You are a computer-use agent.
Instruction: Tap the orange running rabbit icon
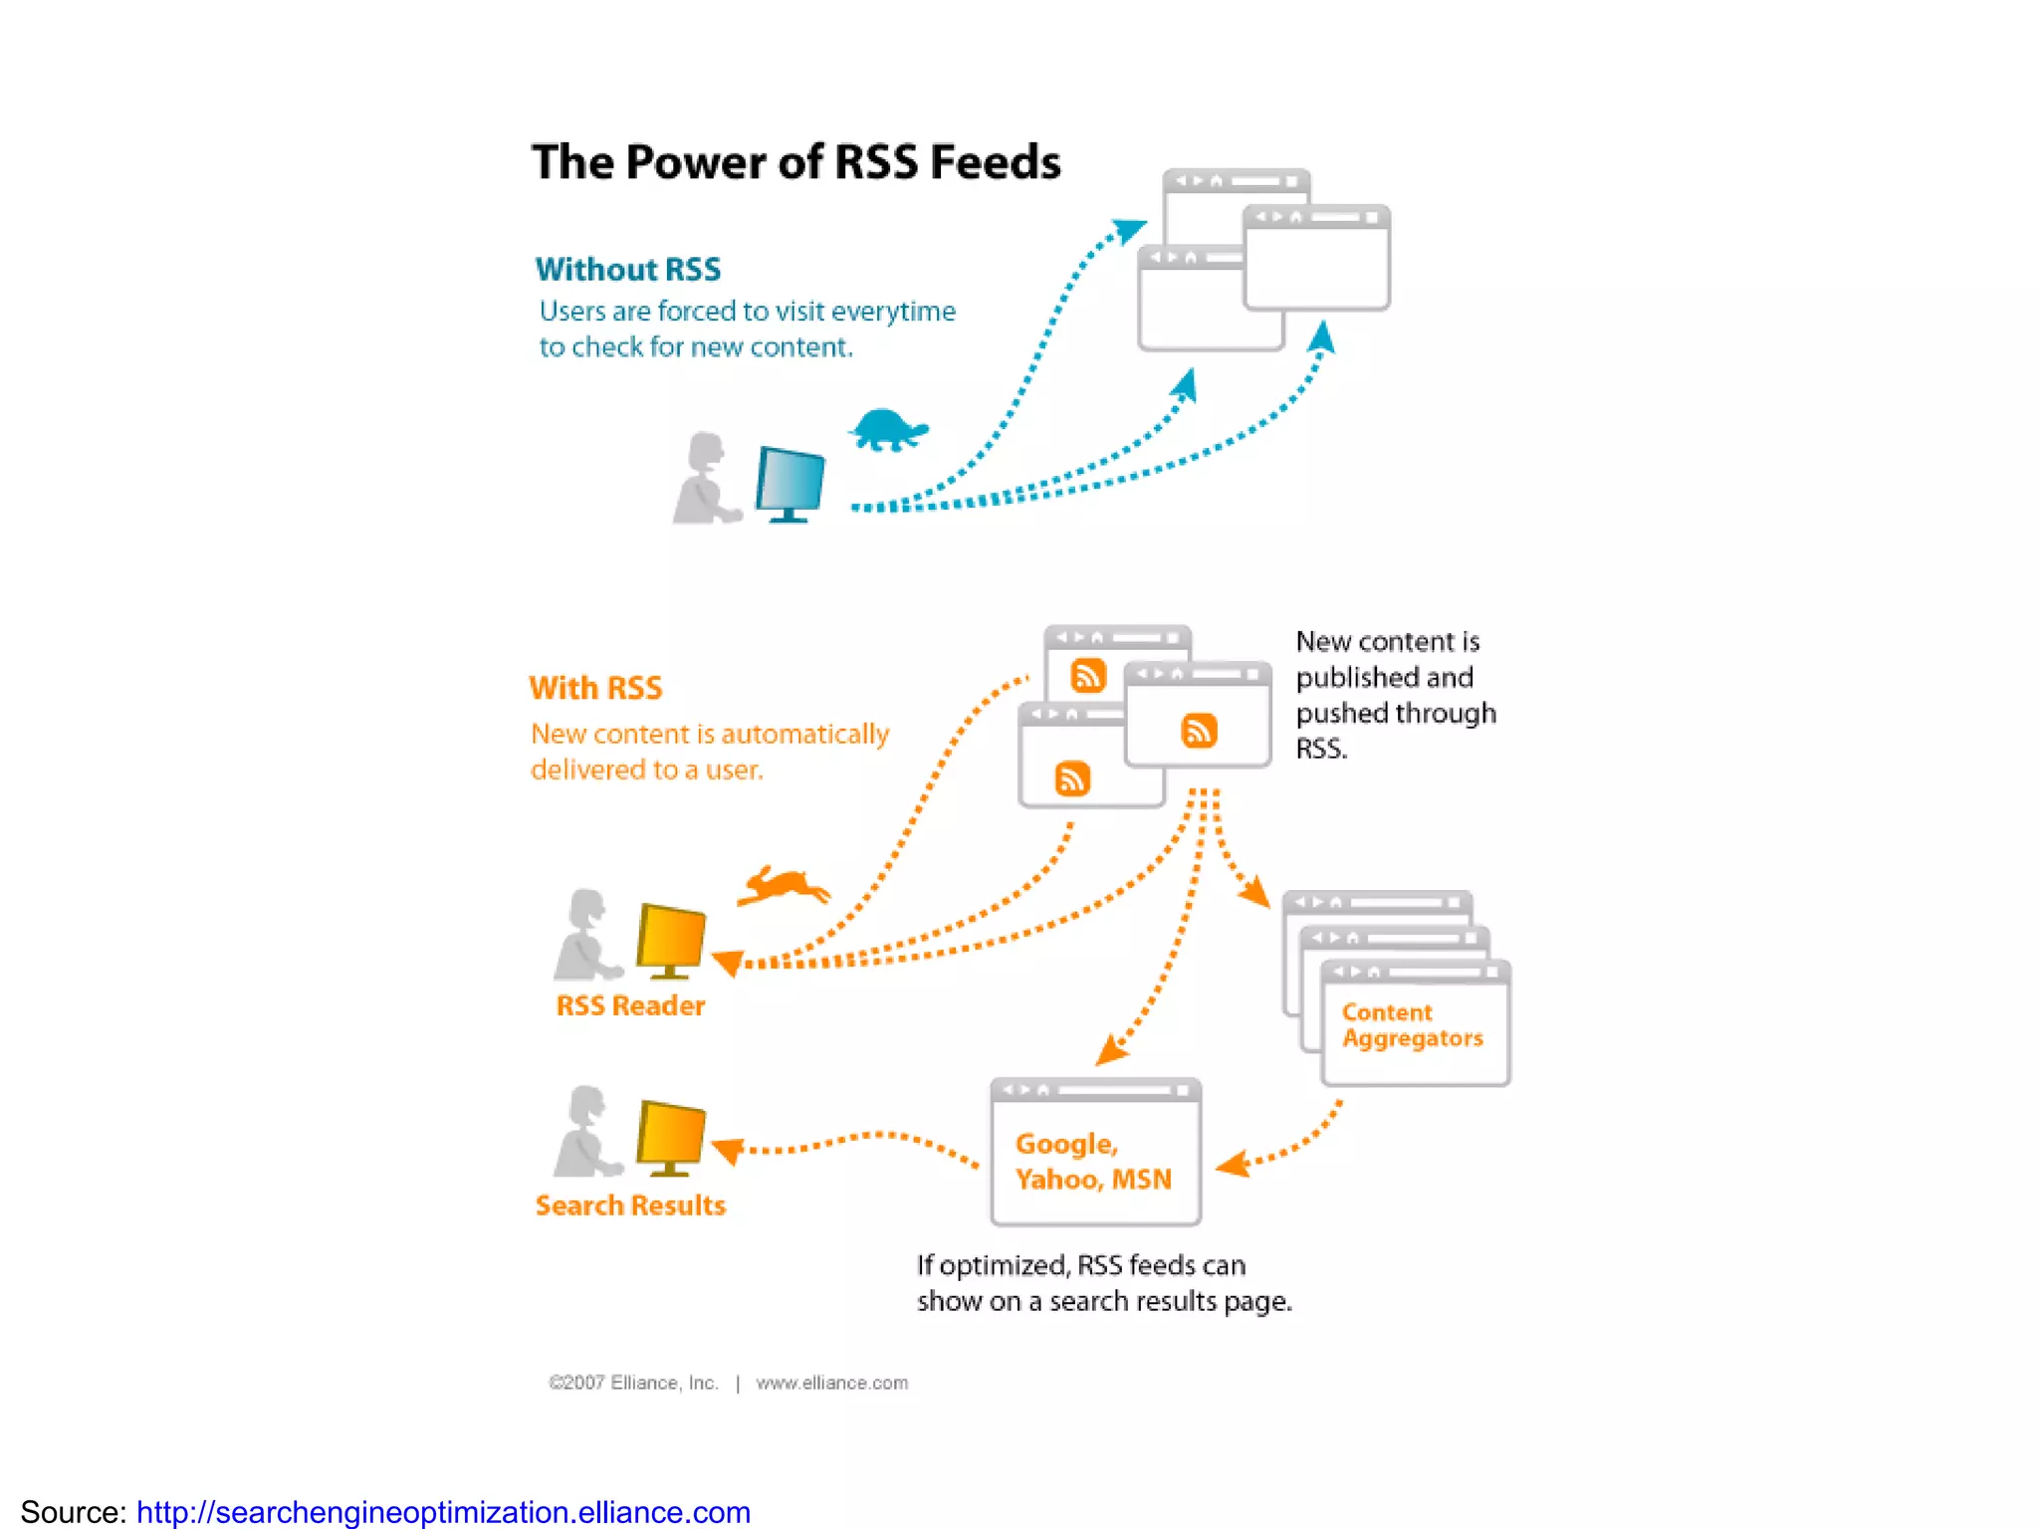coord(784,885)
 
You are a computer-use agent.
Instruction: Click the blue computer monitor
coord(790,482)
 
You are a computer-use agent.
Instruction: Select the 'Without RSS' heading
coord(627,269)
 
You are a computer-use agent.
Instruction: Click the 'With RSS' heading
coord(595,688)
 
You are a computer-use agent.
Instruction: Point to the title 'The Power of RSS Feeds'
coord(795,162)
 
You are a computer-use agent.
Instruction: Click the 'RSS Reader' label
coord(630,1005)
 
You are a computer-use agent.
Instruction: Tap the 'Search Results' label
coord(630,1205)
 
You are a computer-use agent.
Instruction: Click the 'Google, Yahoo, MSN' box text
coord(1092,1162)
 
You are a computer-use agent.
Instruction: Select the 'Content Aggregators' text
coord(1411,1025)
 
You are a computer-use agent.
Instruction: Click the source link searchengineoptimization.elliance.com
coord(443,1511)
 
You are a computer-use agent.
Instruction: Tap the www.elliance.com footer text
coord(831,1383)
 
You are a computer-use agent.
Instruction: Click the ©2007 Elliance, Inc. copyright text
coord(633,1383)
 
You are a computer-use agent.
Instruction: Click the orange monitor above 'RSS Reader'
coord(670,938)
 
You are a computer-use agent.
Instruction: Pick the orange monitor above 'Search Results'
coord(670,1135)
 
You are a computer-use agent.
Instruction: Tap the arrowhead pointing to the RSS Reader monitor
coord(728,963)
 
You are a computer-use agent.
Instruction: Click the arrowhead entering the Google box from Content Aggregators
coord(1232,1164)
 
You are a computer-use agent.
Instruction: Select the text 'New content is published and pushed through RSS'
coord(1395,695)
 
